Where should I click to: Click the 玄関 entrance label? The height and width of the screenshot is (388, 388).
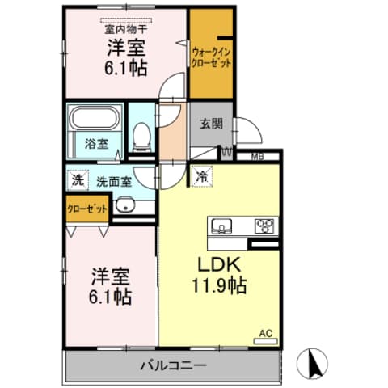[211, 124]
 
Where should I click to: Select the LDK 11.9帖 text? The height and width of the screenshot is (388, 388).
[218, 276]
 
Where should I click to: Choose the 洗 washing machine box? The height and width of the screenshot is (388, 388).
[77, 180]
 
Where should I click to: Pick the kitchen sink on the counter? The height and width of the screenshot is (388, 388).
[221, 226]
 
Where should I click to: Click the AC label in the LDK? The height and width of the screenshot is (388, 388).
[265, 332]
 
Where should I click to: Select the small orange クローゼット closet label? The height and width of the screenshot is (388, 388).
[86, 209]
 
